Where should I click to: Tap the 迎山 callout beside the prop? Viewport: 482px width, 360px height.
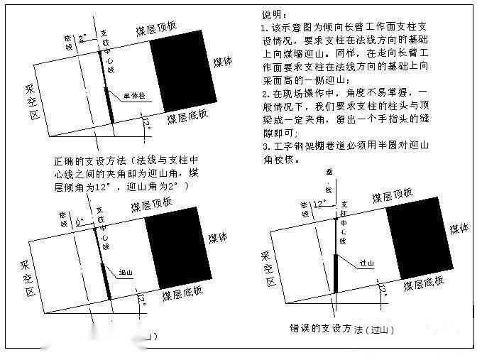point(127,272)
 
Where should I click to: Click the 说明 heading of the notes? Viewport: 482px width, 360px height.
point(273,14)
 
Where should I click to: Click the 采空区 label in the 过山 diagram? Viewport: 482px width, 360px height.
point(268,268)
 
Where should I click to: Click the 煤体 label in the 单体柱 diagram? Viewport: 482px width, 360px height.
point(222,62)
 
